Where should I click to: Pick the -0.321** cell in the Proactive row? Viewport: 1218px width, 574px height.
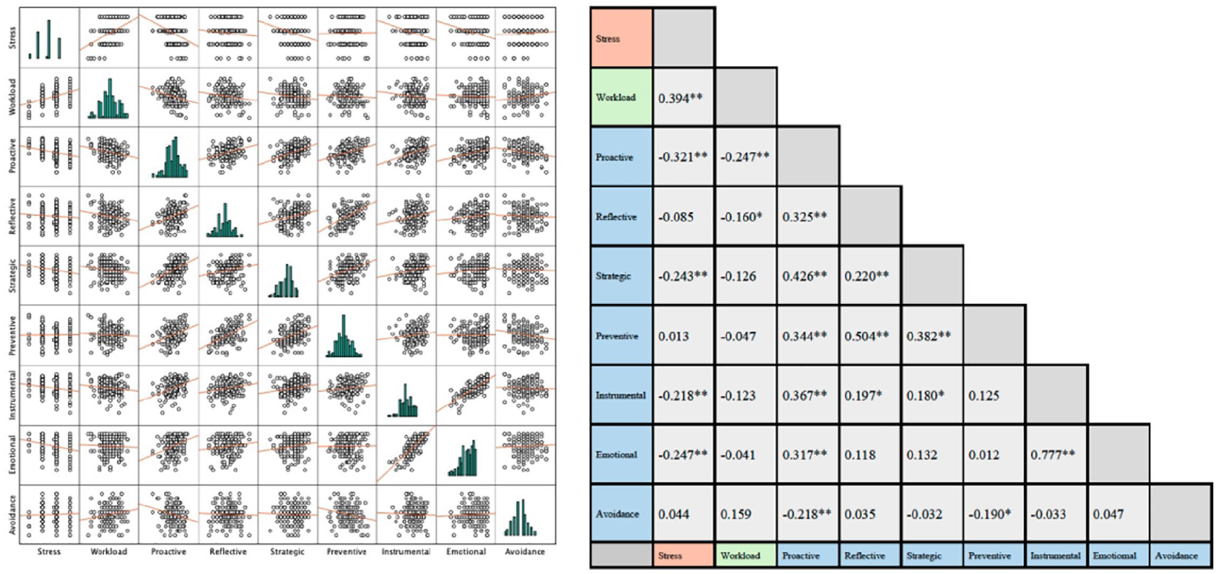[683, 157]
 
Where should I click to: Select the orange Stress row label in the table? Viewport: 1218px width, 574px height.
[621, 38]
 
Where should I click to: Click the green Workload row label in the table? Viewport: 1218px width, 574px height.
[621, 97]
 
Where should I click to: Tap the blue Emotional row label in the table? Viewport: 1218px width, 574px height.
[621, 454]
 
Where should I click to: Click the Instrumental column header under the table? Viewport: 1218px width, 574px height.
[1056, 556]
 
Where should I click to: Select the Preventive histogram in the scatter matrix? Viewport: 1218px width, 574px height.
[344, 336]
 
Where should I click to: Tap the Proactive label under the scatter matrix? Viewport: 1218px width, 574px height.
[169, 552]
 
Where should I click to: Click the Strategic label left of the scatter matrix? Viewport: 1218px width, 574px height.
[12, 275]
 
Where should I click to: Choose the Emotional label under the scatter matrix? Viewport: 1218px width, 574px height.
[466, 552]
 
